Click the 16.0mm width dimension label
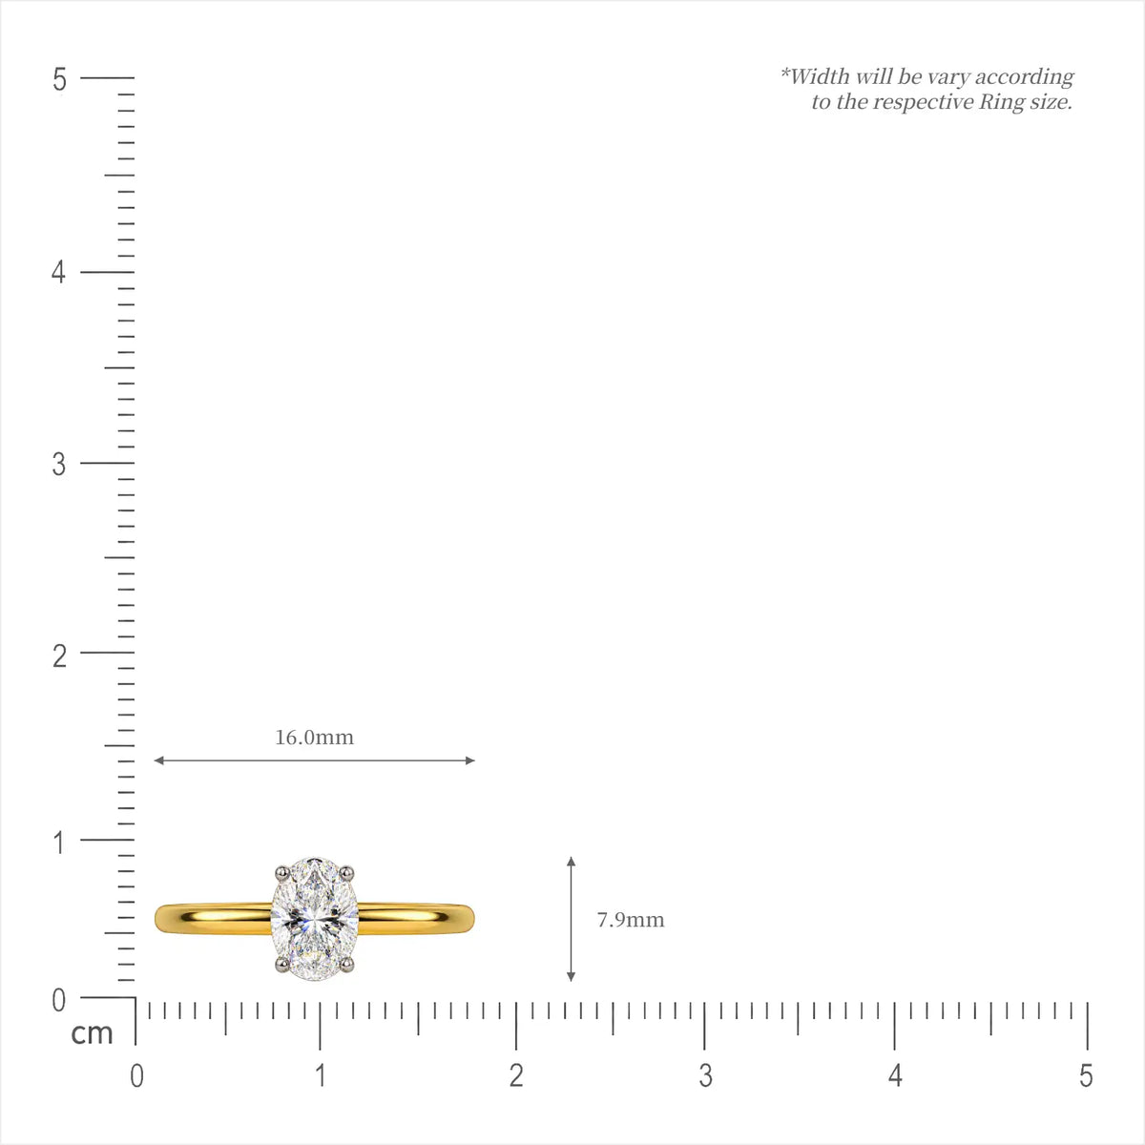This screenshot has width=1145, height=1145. point(314,738)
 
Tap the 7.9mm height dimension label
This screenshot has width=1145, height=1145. point(631,920)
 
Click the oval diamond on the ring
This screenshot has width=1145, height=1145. point(314,919)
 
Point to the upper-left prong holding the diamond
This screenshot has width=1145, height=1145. point(281,873)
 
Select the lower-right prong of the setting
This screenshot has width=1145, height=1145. point(347,964)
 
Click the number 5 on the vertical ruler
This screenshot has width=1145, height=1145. point(59,79)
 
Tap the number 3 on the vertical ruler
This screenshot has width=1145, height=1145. point(59,464)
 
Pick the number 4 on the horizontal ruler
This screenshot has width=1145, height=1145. point(895,1075)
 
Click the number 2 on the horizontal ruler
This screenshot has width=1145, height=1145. point(516,1075)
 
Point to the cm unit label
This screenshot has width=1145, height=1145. point(92,1034)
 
